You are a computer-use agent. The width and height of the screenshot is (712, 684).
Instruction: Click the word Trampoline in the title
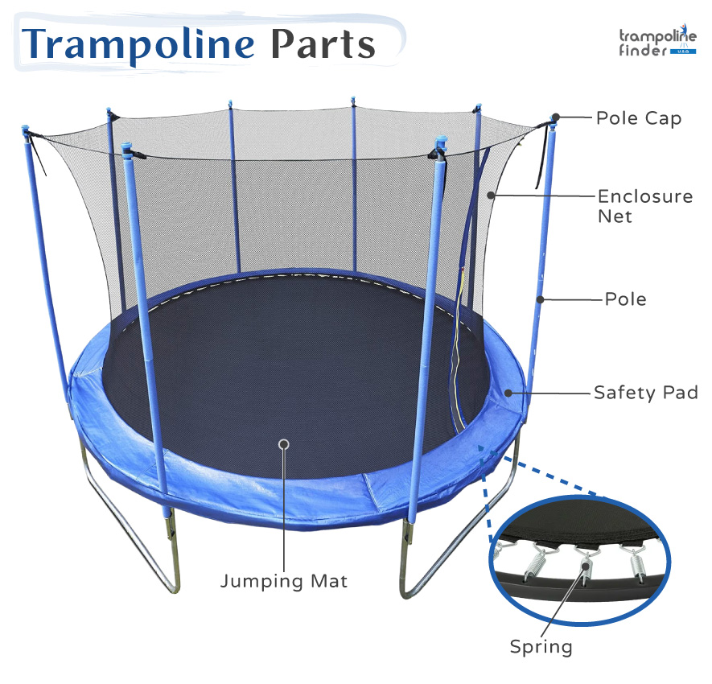(138, 45)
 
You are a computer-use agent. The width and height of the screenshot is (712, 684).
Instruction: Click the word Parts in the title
(323, 44)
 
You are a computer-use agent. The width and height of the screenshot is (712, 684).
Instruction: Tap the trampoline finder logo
(657, 41)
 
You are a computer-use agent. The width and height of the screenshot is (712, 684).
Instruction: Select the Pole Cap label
(639, 118)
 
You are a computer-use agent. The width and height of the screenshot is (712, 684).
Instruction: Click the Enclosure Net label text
(645, 206)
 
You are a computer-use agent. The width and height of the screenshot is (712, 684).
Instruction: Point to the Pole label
(626, 299)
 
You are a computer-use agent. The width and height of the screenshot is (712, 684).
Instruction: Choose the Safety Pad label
(646, 393)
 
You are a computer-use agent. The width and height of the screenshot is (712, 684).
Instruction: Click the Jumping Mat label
(284, 582)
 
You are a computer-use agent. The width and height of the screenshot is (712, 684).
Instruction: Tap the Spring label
(541, 647)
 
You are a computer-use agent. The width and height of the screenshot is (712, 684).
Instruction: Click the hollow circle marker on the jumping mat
(284, 444)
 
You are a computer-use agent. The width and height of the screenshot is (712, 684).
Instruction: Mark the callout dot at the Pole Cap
(555, 117)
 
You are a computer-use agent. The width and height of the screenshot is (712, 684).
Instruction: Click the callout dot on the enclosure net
(491, 196)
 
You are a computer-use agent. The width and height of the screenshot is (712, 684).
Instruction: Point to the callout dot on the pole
(541, 299)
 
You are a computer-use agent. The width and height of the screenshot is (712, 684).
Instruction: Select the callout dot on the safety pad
(508, 393)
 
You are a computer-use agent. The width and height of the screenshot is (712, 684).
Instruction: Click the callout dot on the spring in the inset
(586, 566)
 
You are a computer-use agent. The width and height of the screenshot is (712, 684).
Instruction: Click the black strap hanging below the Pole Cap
(541, 157)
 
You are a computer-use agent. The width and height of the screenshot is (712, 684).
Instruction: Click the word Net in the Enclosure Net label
(615, 216)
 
